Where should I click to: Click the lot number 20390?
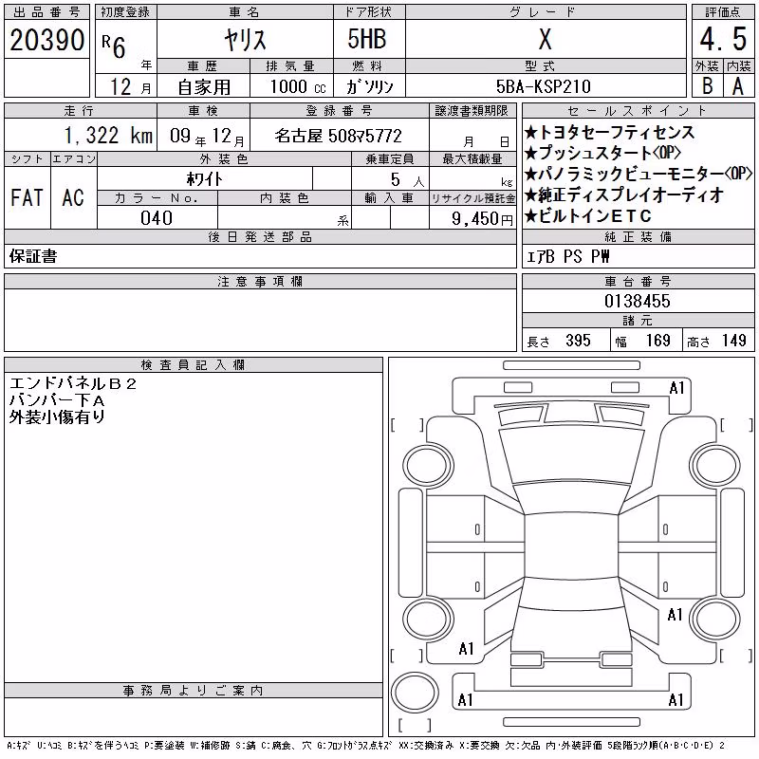pyautogui.click(x=46, y=40)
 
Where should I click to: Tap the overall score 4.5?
pyautogui.click(x=723, y=39)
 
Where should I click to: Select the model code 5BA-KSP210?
pyautogui.click(x=543, y=86)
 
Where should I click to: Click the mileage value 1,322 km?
pyautogui.click(x=108, y=135)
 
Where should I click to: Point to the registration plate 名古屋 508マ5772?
pyautogui.click(x=339, y=136)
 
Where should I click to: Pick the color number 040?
pyautogui.click(x=157, y=218)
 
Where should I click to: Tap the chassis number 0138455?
pyautogui.click(x=638, y=301)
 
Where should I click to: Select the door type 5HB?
pyautogui.click(x=367, y=39)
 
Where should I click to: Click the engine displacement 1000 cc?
pyautogui.click(x=298, y=86)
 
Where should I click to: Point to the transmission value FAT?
pyautogui.click(x=28, y=197)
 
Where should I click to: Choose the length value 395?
pyautogui.click(x=578, y=341)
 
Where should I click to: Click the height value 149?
pyautogui.click(x=733, y=341)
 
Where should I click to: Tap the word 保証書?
pyautogui.click(x=33, y=256)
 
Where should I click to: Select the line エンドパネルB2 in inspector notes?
pyautogui.click(x=73, y=384)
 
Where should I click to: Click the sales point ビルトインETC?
pyautogui.click(x=588, y=216)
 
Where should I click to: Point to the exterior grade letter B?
pyautogui.click(x=708, y=86)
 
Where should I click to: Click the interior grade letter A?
pyautogui.click(x=738, y=86)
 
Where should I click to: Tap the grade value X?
pyautogui.click(x=545, y=39)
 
